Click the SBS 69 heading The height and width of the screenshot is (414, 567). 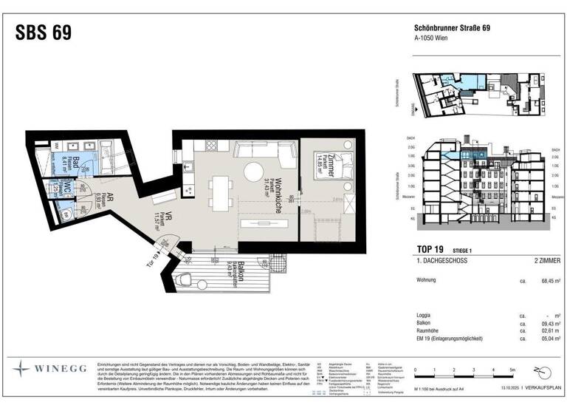click(x=44, y=33)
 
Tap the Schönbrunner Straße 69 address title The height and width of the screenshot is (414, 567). click(x=451, y=29)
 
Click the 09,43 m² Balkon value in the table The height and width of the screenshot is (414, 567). click(x=547, y=323)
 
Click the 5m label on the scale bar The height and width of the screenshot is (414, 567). click(x=512, y=369)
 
